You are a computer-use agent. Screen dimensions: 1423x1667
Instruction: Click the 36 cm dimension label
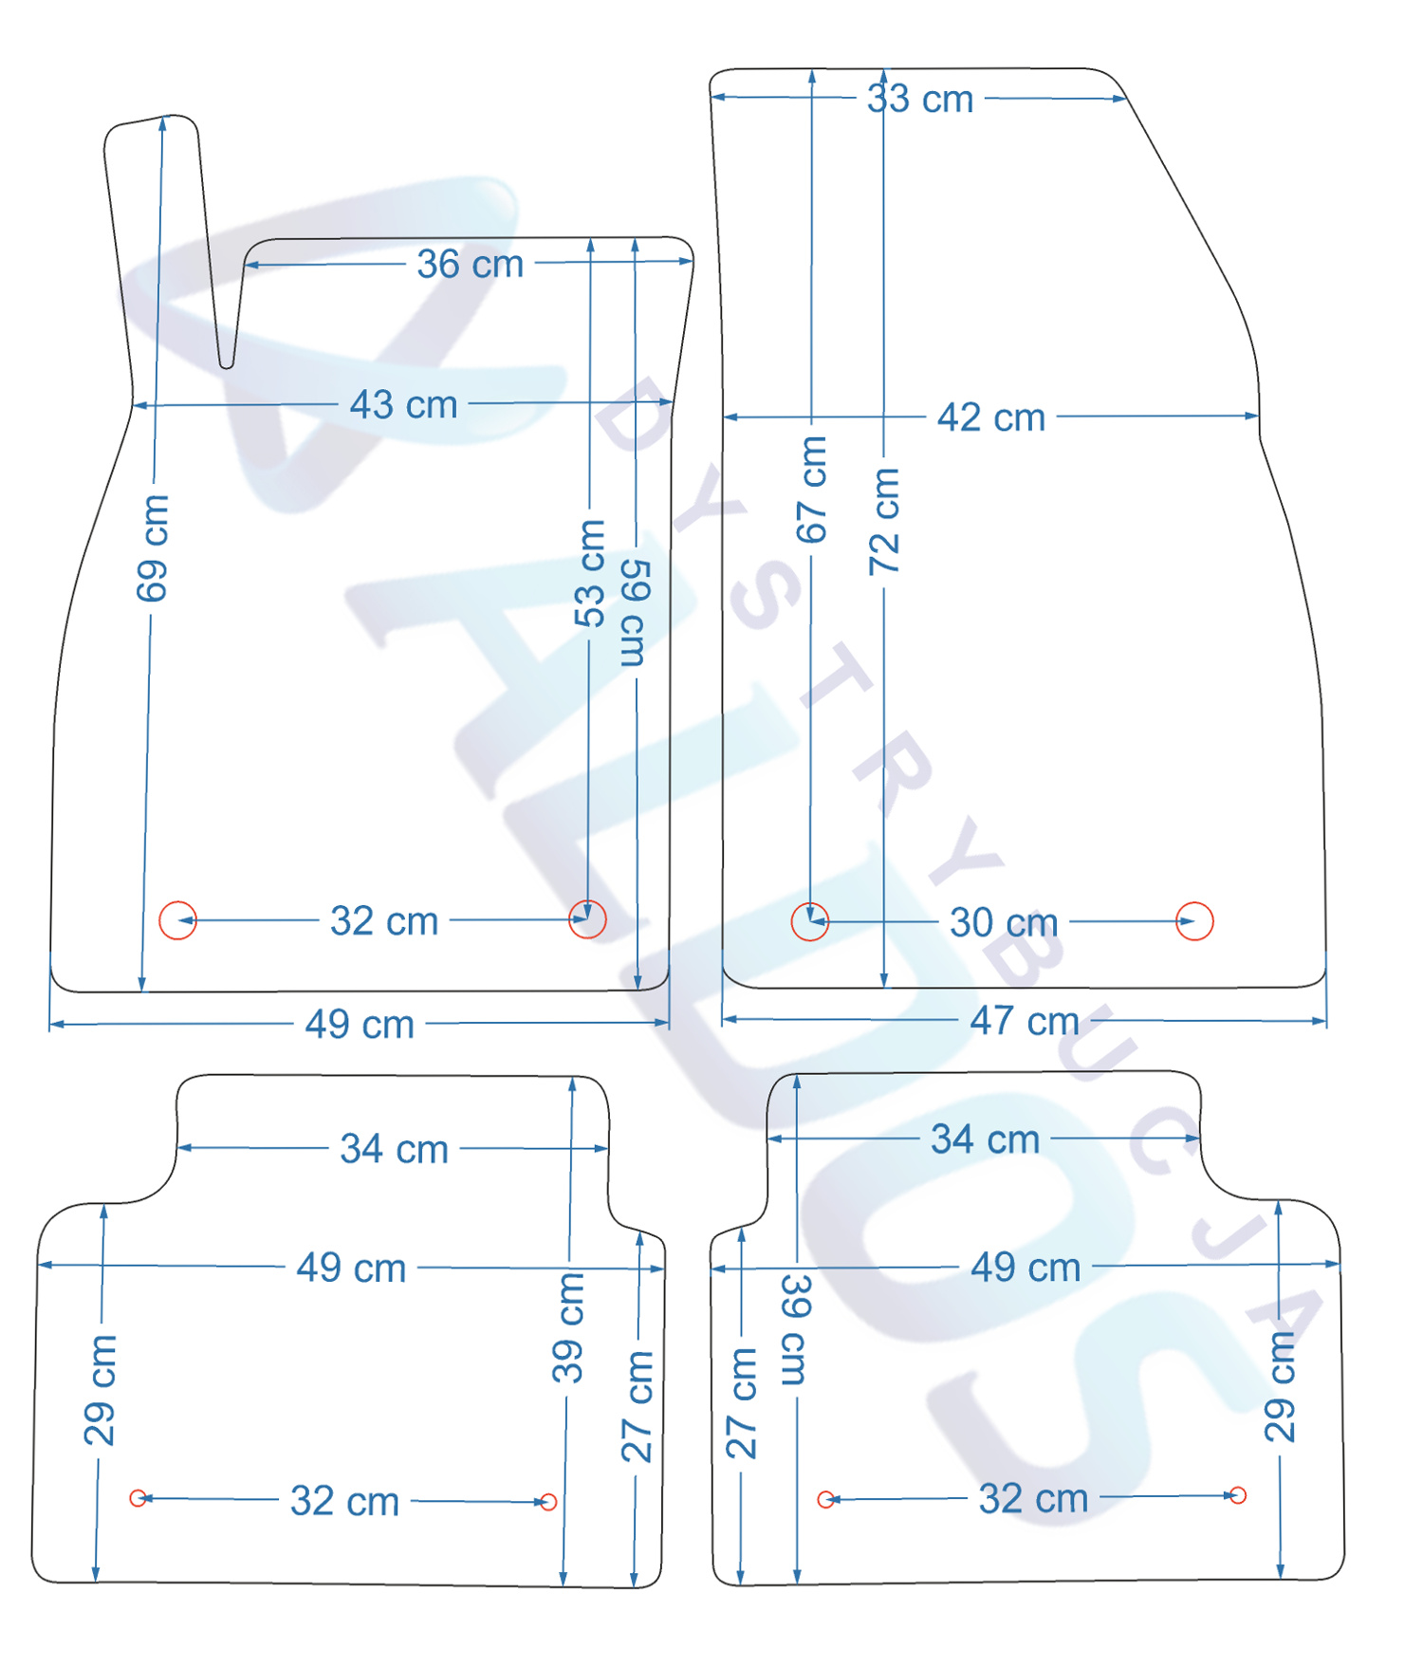pyautogui.click(x=471, y=264)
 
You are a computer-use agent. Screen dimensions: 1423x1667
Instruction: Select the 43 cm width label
pyautogui.click(x=404, y=405)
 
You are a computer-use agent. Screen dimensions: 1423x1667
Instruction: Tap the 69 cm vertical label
pyautogui.click(x=152, y=548)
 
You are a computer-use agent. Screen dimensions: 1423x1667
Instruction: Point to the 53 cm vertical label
pyautogui.click(x=589, y=573)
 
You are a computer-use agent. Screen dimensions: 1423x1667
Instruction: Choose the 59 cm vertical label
pyautogui.click(x=635, y=613)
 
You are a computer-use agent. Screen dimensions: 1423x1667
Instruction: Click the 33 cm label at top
pyautogui.click(x=920, y=99)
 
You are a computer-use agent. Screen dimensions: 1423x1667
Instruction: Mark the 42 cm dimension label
pyautogui.click(x=991, y=417)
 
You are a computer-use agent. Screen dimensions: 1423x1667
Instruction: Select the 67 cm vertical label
pyautogui.click(x=811, y=490)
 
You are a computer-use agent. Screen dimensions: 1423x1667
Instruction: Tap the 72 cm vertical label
pyautogui.click(x=884, y=521)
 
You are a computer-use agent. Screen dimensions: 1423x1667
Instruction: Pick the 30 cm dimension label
pyautogui.click(x=1004, y=922)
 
